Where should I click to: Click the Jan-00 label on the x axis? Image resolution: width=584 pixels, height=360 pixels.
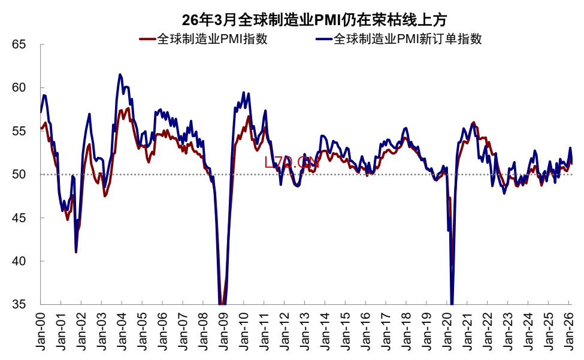[x=41, y=330]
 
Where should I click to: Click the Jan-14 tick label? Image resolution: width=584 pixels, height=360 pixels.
[x=325, y=330]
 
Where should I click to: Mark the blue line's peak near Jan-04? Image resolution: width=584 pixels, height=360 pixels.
[x=120, y=75]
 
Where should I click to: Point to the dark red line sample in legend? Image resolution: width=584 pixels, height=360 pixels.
[x=147, y=40]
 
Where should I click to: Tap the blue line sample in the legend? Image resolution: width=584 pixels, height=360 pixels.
[x=323, y=40]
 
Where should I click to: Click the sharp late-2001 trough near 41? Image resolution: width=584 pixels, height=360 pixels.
[x=75, y=252]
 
